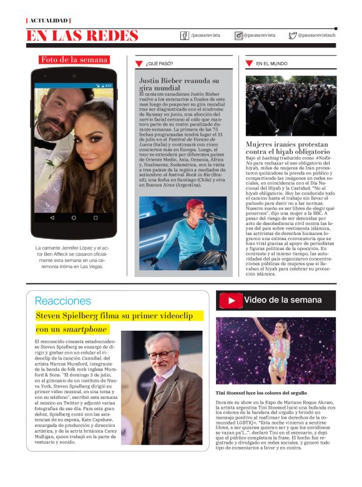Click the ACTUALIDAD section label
(47, 21)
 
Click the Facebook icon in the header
(185, 36)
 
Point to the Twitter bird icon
(292, 36)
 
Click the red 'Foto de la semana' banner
(74, 60)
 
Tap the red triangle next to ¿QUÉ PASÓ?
(139, 64)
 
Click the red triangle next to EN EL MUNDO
(249, 64)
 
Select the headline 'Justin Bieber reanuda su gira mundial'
(179, 84)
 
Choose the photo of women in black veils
(291, 106)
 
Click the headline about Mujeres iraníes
(286, 148)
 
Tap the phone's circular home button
(74, 218)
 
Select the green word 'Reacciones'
(62, 301)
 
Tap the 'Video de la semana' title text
(283, 300)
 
